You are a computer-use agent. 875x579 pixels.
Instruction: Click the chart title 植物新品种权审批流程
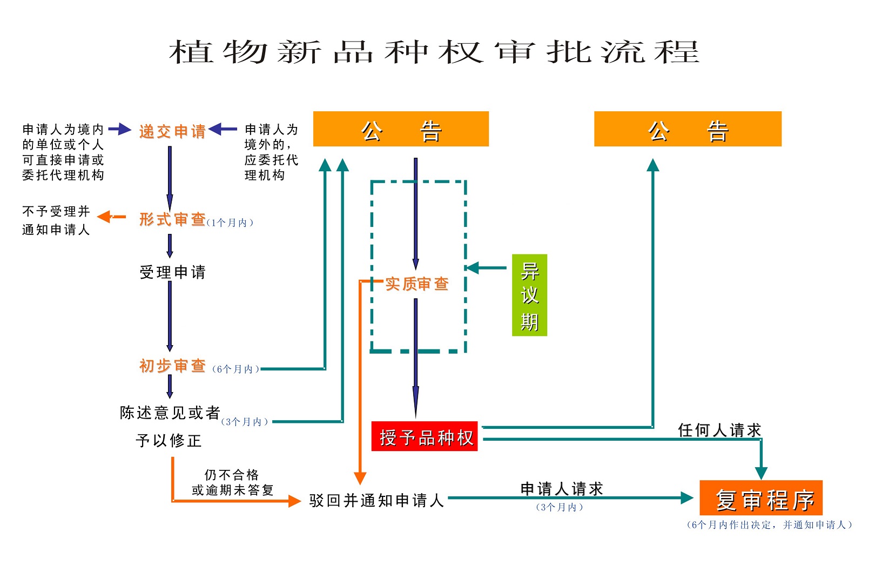pos(434,52)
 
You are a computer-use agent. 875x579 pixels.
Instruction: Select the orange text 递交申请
pos(172,131)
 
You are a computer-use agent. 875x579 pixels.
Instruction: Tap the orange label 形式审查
pos(172,219)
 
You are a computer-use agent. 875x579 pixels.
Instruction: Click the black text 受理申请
pos(172,272)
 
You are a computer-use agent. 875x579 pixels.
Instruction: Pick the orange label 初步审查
pos(172,366)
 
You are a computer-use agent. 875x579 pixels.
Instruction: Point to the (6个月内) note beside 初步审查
pos(235,369)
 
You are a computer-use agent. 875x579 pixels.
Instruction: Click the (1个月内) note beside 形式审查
pos(230,223)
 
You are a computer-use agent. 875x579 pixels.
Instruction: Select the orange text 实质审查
pos(417,284)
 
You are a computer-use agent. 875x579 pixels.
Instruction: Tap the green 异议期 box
pos(529,295)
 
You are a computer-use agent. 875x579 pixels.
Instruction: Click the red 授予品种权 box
pos(425,436)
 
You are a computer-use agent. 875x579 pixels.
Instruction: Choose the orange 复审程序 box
pos(760,499)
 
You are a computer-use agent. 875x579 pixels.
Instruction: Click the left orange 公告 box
pos(401,129)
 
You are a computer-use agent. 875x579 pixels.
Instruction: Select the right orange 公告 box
pos(688,129)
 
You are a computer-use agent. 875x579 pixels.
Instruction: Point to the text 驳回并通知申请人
pos(376,501)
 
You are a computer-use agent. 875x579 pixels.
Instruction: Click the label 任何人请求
pos(719,430)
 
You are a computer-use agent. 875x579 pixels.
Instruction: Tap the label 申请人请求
pos(561,489)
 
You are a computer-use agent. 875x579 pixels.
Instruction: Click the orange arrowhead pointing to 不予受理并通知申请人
pos(104,217)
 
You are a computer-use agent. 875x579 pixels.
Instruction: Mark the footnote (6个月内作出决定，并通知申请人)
pos(769,525)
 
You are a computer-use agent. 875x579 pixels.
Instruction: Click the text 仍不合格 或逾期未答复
pos(232,482)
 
